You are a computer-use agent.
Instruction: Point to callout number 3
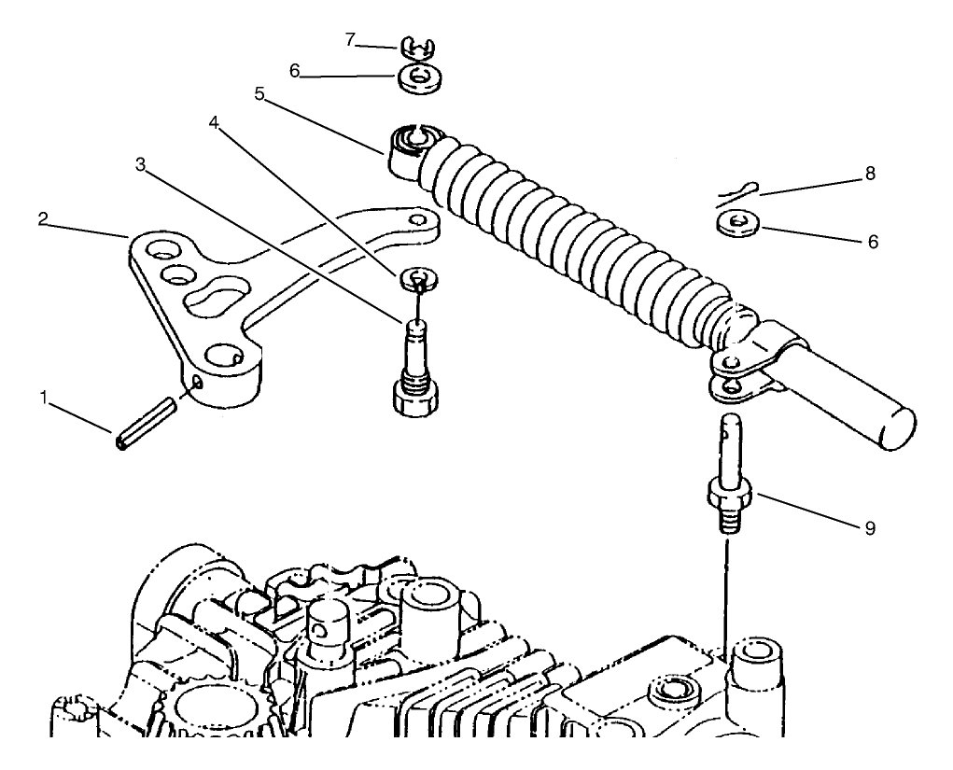coord(140,165)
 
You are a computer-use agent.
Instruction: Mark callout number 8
coord(870,174)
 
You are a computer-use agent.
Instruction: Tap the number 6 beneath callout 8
coord(874,240)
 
